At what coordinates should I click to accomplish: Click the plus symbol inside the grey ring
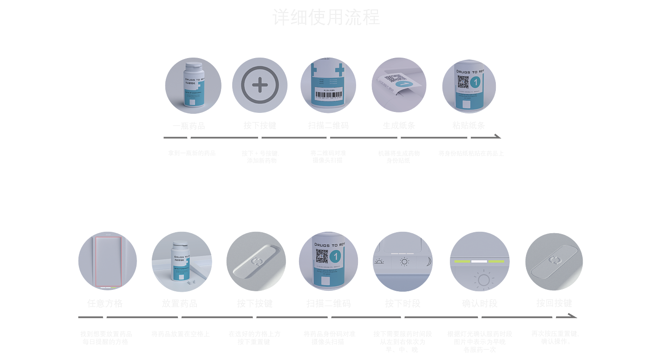[x=260, y=85]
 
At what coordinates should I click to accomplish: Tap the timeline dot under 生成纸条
[x=399, y=137]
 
